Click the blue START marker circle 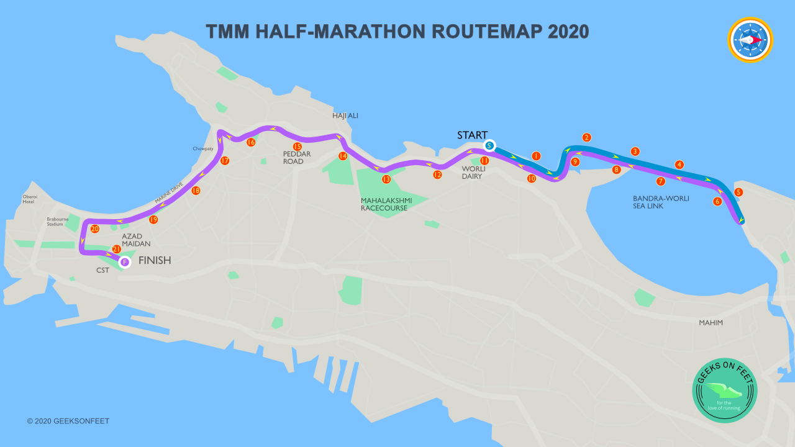[x=489, y=146]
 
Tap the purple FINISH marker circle [x=125, y=262]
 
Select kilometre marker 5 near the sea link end [x=738, y=192]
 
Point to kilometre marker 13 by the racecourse [x=386, y=179]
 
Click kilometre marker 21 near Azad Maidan [x=116, y=249]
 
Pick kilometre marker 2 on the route [x=586, y=137]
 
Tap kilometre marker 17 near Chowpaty [x=225, y=161]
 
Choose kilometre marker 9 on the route [x=575, y=161]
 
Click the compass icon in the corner [x=750, y=40]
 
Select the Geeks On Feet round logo [x=725, y=391]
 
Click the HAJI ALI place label [x=345, y=115]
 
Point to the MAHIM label [x=711, y=323]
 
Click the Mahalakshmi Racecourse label [x=384, y=204]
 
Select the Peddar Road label [x=297, y=158]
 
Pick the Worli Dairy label [x=474, y=172]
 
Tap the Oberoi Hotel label [x=30, y=199]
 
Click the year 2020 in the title [x=568, y=32]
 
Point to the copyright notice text [x=68, y=421]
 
